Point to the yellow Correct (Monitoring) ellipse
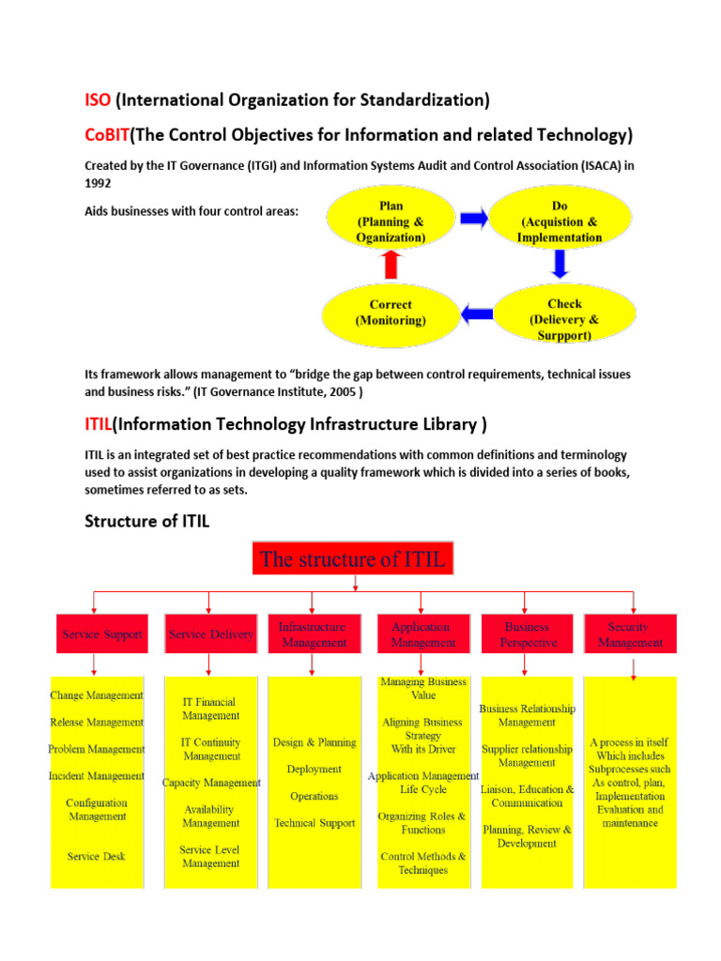pos(390,313)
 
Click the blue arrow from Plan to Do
pos(474,220)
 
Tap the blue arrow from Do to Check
pos(560,266)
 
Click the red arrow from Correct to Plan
pos(390,267)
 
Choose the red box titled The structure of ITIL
pos(353,560)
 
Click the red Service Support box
pos(102,634)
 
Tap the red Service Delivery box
pos(210,634)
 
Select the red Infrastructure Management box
pos(313,634)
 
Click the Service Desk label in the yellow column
pos(96,856)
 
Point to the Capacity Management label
pos(211,783)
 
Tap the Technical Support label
pos(314,823)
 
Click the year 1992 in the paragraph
pos(99,184)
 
